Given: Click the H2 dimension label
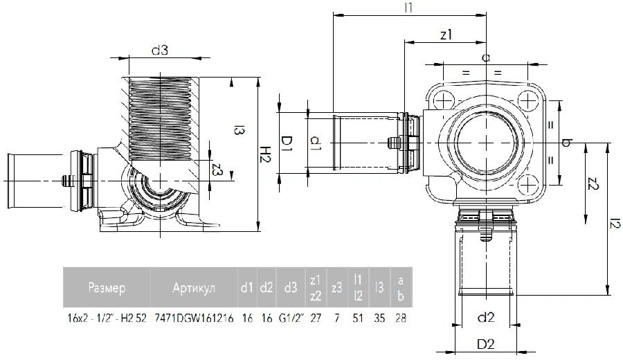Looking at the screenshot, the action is point(265,154).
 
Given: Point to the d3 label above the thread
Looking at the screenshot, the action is point(160,50).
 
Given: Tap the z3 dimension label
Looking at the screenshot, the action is point(217,171).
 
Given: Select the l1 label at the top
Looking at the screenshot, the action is point(408,8).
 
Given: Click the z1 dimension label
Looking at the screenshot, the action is point(446,35).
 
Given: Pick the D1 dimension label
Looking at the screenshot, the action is point(287,143).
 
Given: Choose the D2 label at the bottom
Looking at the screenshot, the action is point(485,344).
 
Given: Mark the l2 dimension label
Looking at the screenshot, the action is point(615,225).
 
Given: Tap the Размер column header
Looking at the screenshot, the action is point(107,287).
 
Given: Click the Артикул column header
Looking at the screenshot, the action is point(194,287).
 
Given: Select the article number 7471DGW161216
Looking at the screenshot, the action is point(194,318).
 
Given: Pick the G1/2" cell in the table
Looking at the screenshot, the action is point(291,318).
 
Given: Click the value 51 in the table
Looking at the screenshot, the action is point(358,318).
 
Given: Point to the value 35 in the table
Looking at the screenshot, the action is point(379,318).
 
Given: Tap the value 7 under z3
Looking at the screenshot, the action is point(336,318).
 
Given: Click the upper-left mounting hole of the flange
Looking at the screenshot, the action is point(442,100).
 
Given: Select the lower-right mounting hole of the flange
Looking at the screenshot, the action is point(527,185).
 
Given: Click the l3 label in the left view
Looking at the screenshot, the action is point(238,130).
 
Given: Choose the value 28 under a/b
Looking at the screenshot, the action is point(401,318).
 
